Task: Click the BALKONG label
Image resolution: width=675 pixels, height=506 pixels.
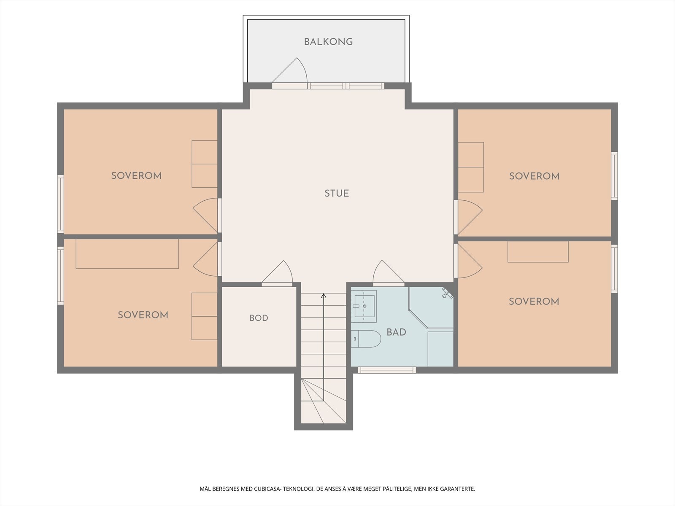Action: coord(328,42)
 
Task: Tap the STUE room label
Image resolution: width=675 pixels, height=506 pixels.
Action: coord(337,194)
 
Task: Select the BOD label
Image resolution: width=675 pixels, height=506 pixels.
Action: coord(259,318)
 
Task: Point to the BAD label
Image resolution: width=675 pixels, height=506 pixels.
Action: coord(397,332)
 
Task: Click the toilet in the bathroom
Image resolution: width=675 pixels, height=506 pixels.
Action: coord(366,339)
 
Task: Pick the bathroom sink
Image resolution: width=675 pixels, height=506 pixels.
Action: coord(364,306)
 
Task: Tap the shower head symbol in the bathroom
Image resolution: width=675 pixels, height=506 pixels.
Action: coord(447,293)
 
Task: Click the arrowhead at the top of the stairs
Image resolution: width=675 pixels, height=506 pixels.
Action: coord(324,296)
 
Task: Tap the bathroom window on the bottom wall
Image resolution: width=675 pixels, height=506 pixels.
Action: coord(386,370)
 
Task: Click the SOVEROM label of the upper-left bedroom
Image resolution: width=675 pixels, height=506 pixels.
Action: coord(136,176)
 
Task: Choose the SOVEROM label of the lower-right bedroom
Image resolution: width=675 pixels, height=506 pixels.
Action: coord(534,301)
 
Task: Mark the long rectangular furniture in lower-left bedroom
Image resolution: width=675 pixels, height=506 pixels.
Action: coord(127,254)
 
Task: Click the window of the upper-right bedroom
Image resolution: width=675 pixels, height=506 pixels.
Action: coord(614,176)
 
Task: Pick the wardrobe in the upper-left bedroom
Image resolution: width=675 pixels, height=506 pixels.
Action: coord(205,164)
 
